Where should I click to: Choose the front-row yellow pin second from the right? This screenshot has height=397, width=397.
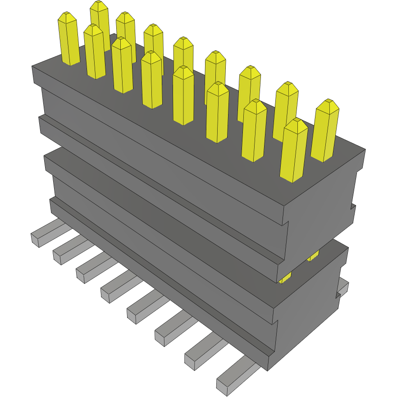(254, 131)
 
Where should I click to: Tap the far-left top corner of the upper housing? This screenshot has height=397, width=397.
(32, 67)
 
